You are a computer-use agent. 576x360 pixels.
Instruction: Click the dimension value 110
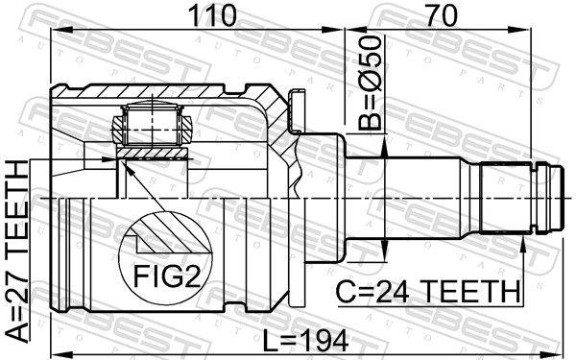tap(211, 15)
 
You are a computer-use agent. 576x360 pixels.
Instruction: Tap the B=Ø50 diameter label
tap(370, 84)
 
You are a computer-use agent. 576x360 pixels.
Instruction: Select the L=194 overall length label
tap(305, 341)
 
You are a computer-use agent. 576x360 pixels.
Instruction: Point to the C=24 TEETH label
tap(428, 292)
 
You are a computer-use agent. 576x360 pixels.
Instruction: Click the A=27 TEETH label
tap(17, 252)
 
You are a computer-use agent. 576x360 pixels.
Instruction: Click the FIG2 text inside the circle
tap(167, 276)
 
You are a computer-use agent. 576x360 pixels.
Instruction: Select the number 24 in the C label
tap(392, 292)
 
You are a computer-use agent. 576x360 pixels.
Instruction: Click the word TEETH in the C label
tap(469, 292)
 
